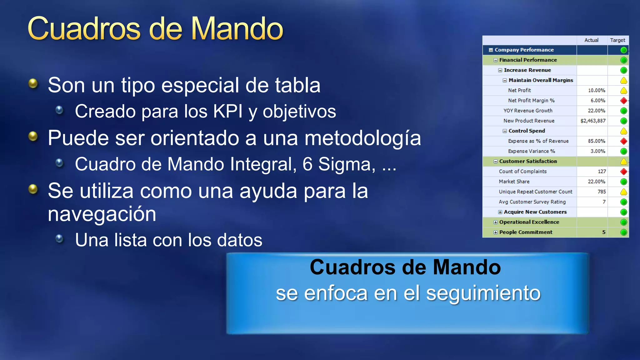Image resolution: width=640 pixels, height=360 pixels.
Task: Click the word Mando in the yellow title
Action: [x=237, y=29]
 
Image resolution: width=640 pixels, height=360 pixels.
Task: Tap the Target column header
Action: [x=617, y=40]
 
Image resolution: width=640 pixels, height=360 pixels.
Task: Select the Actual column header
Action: [x=591, y=40]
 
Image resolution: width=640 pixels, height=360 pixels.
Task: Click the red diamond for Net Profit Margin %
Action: [x=623, y=101]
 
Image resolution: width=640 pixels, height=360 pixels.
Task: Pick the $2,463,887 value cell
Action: [x=593, y=121]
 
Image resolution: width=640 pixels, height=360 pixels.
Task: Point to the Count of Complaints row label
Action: [x=522, y=171]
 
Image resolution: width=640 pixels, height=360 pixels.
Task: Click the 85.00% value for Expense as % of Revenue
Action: [x=596, y=141]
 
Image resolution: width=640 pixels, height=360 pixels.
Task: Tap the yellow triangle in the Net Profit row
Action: [x=623, y=91]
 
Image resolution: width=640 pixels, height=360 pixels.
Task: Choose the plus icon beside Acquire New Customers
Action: [x=500, y=212]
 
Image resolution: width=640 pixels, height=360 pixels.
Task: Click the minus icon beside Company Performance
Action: [x=491, y=50]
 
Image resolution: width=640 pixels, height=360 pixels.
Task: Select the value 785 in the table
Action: [x=602, y=192]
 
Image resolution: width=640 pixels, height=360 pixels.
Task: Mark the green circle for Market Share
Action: [x=623, y=182]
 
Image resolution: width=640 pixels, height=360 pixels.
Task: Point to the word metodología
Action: [x=362, y=138]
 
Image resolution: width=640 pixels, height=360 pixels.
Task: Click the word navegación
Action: [x=102, y=214]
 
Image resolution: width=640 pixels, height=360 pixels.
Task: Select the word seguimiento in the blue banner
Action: [x=483, y=293]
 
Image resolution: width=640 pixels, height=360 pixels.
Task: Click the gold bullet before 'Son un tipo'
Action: [x=33, y=83]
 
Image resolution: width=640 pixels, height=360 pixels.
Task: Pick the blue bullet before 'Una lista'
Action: [x=59, y=239]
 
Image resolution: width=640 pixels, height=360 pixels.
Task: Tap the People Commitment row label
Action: [x=526, y=232]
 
